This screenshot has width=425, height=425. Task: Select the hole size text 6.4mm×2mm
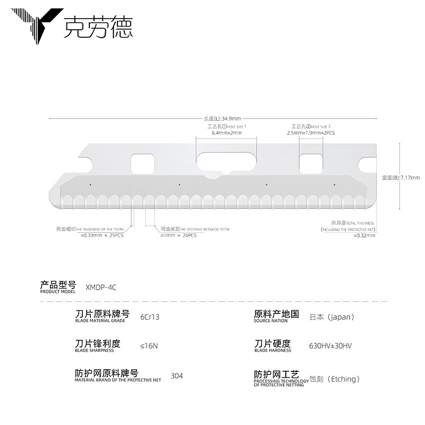point(227,133)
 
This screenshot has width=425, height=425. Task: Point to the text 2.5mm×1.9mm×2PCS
point(311,133)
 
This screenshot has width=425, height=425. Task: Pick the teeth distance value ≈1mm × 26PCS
point(178,235)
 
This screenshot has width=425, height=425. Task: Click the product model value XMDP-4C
point(100,287)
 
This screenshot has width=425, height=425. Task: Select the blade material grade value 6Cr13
point(149,317)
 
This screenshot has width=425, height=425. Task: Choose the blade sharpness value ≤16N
point(149,346)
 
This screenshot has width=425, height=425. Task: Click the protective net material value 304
point(176,376)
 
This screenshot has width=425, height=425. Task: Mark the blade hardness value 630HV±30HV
point(330,346)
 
